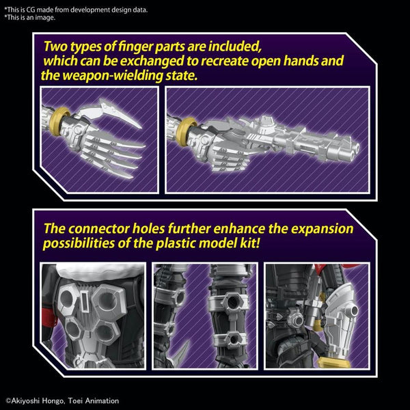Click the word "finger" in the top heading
click(135, 46)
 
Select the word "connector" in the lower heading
click(98, 229)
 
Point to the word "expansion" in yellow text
click(322, 230)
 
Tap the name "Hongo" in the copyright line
click(53, 401)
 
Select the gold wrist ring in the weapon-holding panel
click(185, 131)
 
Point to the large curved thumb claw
click(113, 113)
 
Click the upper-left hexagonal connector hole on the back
click(66, 299)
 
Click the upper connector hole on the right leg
click(232, 302)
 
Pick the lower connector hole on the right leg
click(234, 340)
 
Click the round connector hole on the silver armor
click(354, 310)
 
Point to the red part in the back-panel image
click(49, 317)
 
